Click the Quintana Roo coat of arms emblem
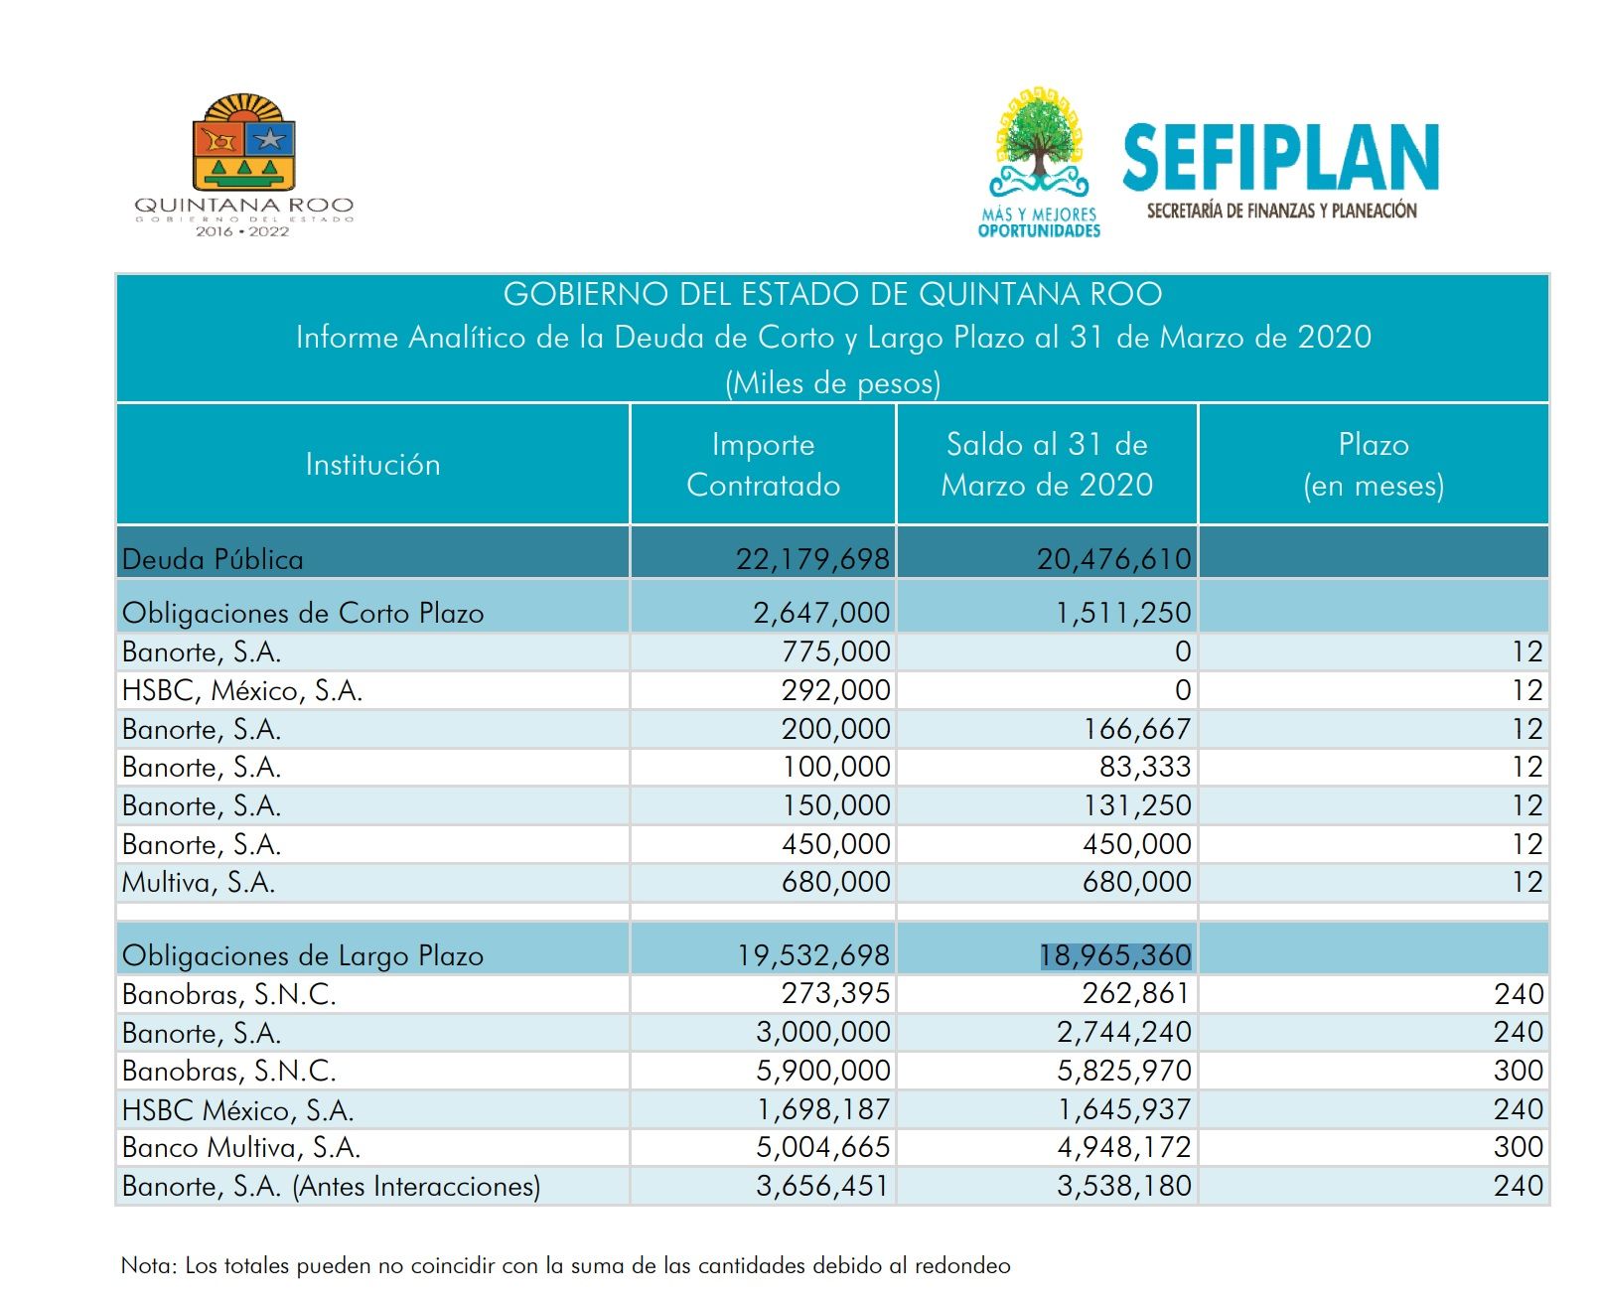[x=243, y=142]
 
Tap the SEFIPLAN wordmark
[x=1280, y=158]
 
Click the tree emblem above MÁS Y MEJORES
[x=1039, y=142]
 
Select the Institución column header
[x=372, y=465]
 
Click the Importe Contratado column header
[x=764, y=465]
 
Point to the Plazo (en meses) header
[x=1374, y=465]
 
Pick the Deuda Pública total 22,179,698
[x=812, y=559]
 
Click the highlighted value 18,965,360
[x=1115, y=955]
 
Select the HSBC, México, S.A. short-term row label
[x=242, y=690]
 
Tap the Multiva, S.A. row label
[x=199, y=883]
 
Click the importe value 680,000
[x=835, y=882]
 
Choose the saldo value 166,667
[x=1136, y=729]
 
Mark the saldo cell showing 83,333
[x=1145, y=767]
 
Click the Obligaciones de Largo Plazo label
[x=303, y=955]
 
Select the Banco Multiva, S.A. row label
[x=241, y=1148]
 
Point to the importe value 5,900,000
[x=822, y=1071]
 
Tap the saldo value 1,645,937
[x=1124, y=1109]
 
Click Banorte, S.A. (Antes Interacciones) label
[x=332, y=1186]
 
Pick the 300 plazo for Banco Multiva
[x=1519, y=1147]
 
